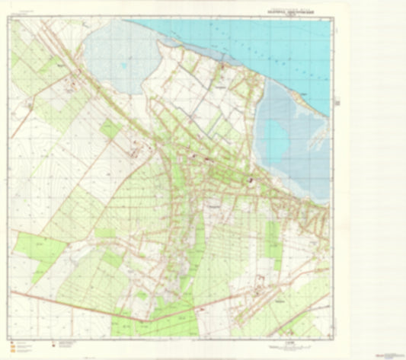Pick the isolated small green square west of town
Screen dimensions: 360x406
click(x=110, y=130)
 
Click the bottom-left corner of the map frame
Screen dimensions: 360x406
click(x=11, y=337)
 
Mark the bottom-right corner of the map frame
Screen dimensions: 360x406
click(x=331, y=337)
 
